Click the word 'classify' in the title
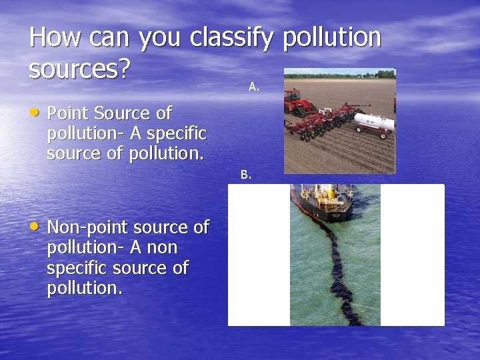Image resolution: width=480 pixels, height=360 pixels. click(x=231, y=38)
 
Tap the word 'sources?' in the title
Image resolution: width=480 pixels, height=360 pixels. click(x=79, y=69)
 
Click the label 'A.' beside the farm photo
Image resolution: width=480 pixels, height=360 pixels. click(x=254, y=86)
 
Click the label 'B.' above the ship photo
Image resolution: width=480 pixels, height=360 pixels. click(x=246, y=175)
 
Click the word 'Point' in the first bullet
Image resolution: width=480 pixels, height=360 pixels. click(x=70, y=113)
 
